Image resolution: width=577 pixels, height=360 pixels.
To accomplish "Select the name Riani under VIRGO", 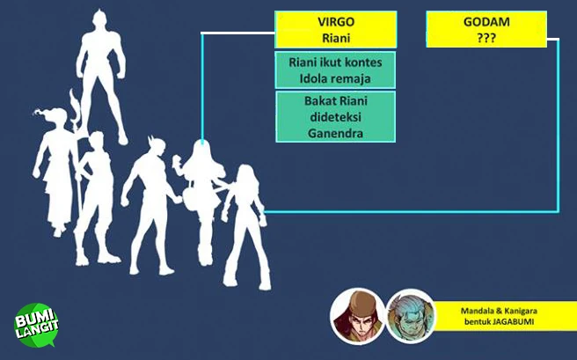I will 334,37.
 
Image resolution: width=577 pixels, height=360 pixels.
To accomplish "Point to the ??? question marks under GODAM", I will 482,38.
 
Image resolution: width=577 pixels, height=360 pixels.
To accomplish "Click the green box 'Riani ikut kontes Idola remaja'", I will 335,71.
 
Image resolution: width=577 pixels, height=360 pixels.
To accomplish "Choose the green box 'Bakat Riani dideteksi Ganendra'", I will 335,117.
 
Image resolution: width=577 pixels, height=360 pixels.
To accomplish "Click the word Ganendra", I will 335,133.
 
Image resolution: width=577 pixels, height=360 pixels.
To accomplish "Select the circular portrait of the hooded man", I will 356,315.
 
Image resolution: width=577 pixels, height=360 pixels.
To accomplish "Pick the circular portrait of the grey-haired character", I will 411,315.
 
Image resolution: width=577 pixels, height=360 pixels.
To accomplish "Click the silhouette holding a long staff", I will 92,189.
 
